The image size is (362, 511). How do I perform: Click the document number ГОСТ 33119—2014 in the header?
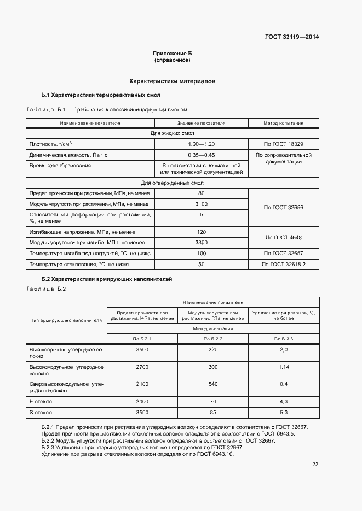coord(292,37)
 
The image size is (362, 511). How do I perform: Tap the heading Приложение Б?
coord(172,54)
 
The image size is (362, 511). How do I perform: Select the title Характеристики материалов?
coord(172,81)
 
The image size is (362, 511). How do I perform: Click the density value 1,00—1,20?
coord(201,144)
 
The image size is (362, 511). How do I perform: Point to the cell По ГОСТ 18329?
coord(283,144)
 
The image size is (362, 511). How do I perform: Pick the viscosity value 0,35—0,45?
coord(201,155)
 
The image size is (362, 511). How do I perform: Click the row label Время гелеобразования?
coord(60,165)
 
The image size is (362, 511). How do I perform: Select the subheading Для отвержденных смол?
coord(172,183)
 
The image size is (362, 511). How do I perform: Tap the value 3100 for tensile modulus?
coord(201,204)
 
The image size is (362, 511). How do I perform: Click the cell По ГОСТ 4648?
coord(283,237)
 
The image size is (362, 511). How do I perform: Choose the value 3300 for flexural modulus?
coord(201,242)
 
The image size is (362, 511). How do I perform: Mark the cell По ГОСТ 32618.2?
coord(283,264)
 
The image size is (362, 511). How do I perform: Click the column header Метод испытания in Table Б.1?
coord(283,123)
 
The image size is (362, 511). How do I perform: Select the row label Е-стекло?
coord(41,401)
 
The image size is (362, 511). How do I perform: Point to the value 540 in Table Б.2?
coord(213,384)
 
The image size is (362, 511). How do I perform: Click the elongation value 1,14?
coord(283,367)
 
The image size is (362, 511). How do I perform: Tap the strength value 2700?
coord(142,367)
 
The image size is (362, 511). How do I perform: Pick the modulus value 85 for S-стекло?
coord(213,412)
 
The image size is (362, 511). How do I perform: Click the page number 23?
coord(315,465)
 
